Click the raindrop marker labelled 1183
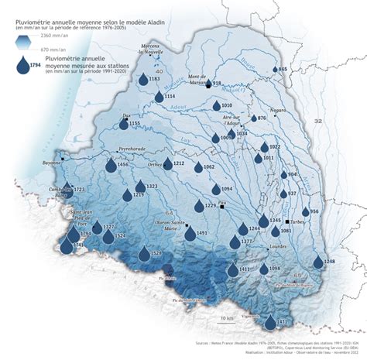(x=142, y=79)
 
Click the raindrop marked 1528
(x=144, y=254)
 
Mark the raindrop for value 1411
(x=232, y=270)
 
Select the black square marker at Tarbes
(x=286, y=221)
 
